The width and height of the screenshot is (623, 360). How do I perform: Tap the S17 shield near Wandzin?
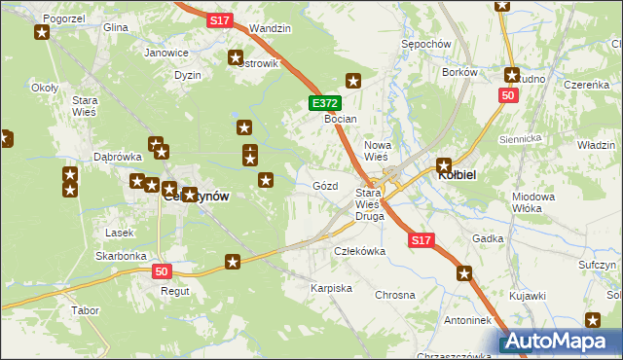point(220,19)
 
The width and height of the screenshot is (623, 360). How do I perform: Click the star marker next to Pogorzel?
point(42,34)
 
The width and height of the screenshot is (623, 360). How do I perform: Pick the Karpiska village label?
point(330,289)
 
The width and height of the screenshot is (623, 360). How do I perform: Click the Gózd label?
point(325,185)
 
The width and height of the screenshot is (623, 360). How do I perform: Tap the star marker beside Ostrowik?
point(236,57)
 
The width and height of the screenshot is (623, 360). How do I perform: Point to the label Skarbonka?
point(121,256)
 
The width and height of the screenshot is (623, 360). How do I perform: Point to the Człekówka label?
point(360,251)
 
